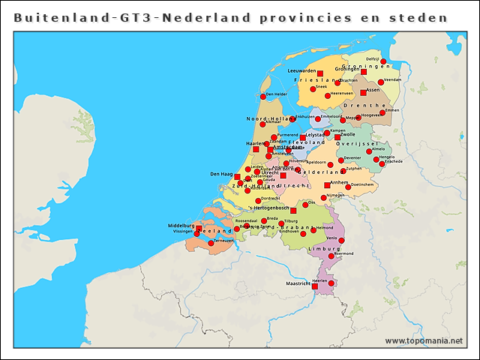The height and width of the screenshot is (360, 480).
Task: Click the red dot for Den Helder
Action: point(263,96)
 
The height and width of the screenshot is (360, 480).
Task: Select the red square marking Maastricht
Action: point(315,286)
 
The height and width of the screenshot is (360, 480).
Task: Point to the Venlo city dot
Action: point(342,240)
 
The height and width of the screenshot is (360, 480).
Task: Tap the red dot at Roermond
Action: point(331,255)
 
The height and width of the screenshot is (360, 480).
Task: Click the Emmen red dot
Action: point(382,112)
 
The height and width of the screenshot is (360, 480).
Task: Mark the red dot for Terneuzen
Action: point(211,242)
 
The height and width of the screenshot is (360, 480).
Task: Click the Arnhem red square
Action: point(326,184)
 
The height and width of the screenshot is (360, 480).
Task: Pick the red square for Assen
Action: point(363,92)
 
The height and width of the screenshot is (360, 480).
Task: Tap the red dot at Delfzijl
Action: point(383,61)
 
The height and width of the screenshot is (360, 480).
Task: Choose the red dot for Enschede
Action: point(382,163)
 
